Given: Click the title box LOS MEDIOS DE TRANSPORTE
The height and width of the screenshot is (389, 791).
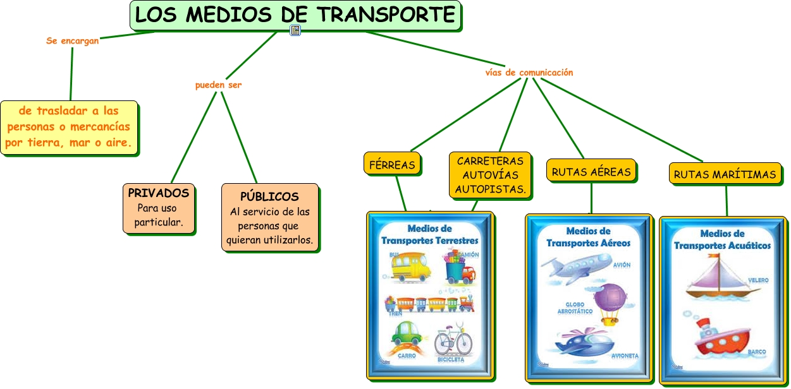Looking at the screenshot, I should point(295,15).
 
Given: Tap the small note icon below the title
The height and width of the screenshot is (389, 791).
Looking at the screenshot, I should point(295,30).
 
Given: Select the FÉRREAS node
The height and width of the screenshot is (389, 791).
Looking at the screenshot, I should point(392,165).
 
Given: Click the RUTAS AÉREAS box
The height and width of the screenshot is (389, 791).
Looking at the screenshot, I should point(591,171).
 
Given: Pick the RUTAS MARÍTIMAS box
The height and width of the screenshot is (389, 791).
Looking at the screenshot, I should point(725,174).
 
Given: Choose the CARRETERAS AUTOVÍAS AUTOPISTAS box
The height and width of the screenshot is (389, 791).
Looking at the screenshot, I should point(491,174).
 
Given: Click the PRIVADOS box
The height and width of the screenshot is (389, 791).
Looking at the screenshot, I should point(158,208).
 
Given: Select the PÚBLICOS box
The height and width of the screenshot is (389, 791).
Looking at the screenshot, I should point(269,217).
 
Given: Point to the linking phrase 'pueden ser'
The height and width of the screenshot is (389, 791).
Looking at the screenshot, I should point(218,85).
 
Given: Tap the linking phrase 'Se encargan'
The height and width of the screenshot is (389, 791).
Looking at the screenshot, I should point(72,41).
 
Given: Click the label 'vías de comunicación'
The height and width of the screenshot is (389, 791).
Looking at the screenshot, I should point(529,73).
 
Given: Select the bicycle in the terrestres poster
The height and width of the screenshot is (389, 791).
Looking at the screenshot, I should point(453,341).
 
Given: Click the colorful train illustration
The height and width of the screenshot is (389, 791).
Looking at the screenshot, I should point(429,304).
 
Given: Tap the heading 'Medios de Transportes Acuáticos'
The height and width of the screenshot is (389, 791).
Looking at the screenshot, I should point(722,239).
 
